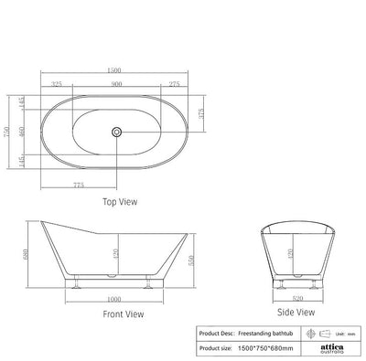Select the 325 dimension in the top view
(x=57, y=85)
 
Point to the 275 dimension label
(x=173, y=85)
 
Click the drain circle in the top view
(x=117, y=132)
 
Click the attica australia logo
(x=332, y=348)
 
